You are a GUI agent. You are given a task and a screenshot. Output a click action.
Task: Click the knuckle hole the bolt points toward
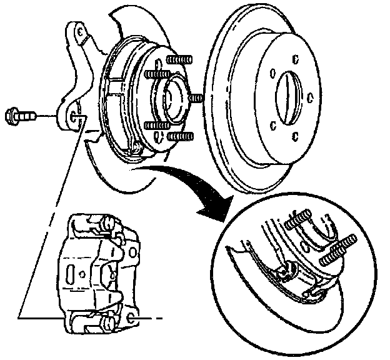click(76, 116)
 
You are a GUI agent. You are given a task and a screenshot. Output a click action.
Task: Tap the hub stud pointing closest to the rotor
click(196, 98)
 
